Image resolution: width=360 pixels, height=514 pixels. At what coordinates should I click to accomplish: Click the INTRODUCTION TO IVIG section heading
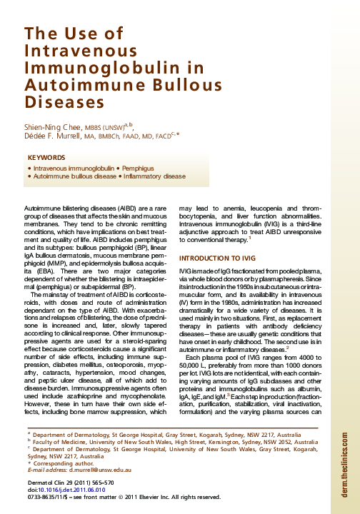[217, 276]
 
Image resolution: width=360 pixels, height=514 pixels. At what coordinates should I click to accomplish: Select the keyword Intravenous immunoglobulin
[75, 166]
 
